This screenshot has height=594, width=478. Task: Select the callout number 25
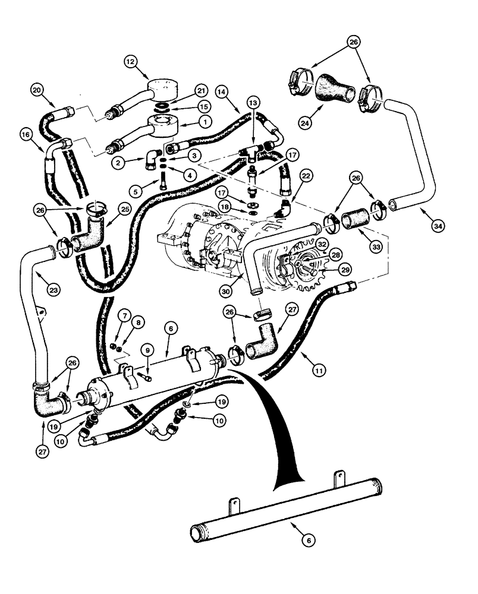(x=125, y=210)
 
